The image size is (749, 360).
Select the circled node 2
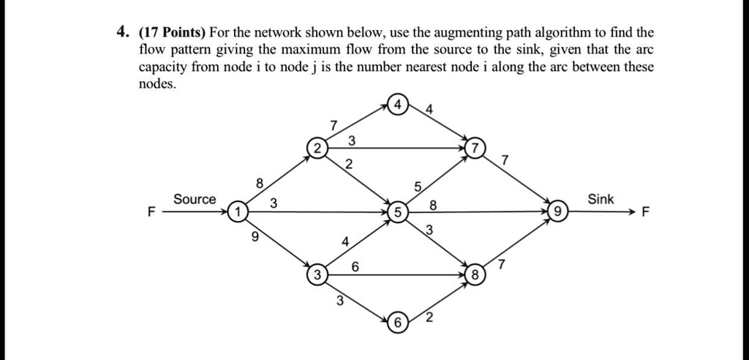tap(317, 148)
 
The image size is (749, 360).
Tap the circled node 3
tap(316, 276)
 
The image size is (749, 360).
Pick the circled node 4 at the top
tap(397, 105)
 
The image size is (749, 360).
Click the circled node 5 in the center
tap(397, 212)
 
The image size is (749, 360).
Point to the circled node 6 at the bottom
tap(398, 323)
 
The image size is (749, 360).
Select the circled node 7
tap(477, 149)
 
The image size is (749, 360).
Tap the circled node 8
tap(475, 276)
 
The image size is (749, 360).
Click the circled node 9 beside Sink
tap(557, 212)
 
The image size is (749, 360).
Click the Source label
tap(195, 199)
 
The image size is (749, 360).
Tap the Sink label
tap(601, 199)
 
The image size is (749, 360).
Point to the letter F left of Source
tap(151, 213)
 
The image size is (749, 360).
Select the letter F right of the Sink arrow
tap(644, 213)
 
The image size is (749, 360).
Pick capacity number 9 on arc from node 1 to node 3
tap(254, 236)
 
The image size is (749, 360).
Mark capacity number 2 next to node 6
tap(429, 317)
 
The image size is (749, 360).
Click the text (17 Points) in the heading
tap(173, 33)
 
